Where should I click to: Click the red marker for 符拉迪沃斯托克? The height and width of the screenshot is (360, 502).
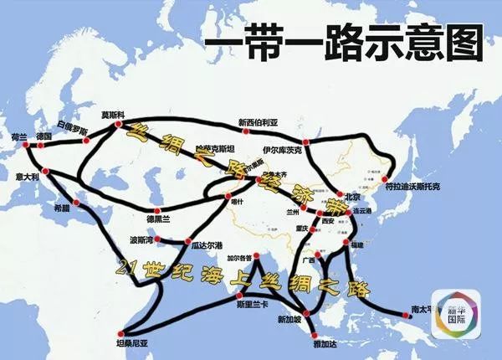[384, 178]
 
